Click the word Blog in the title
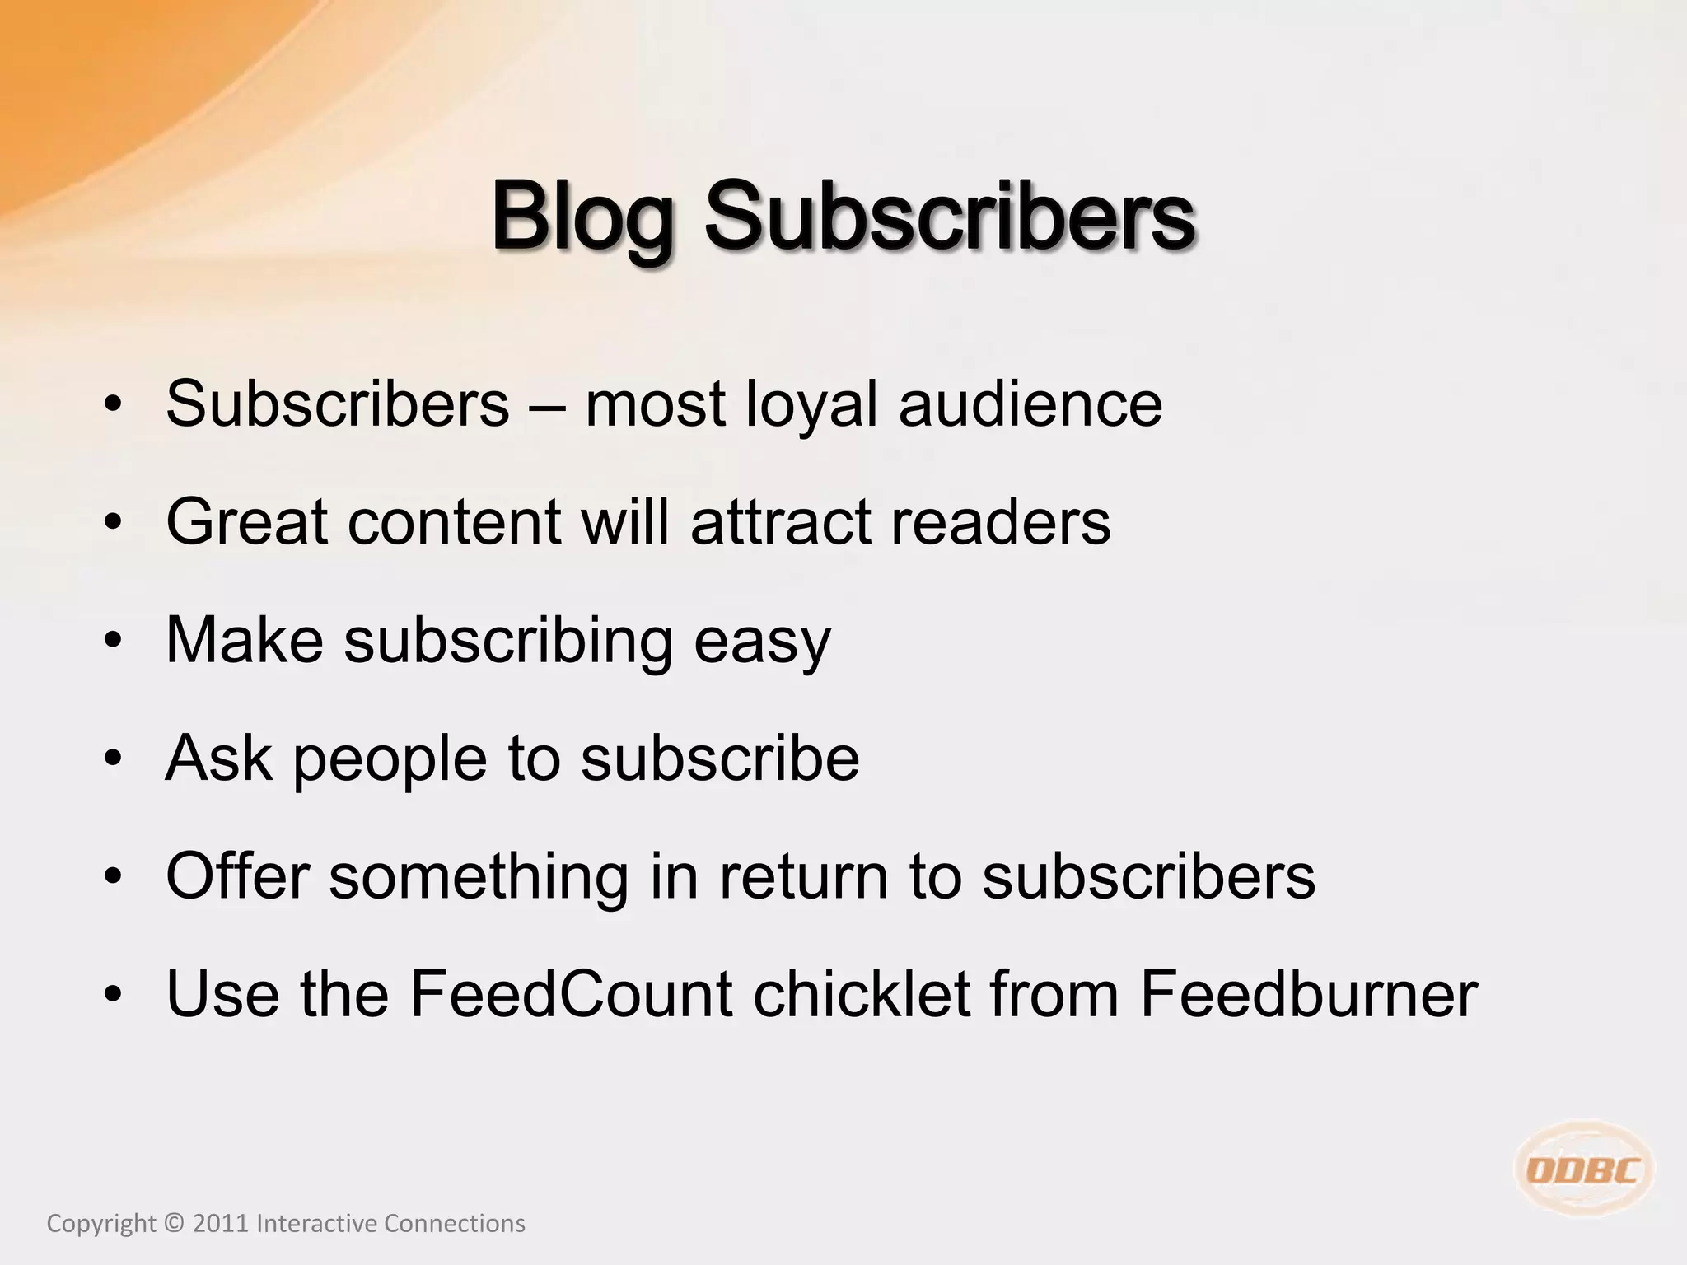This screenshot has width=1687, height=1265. [x=582, y=216]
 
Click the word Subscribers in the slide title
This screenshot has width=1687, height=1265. [x=949, y=216]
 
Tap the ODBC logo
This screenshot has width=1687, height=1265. [x=1583, y=1169]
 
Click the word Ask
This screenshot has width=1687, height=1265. [x=218, y=758]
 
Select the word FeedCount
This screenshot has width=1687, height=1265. [x=571, y=994]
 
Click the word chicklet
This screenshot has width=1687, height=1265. [x=861, y=994]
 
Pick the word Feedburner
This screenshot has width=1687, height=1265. [x=1309, y=994]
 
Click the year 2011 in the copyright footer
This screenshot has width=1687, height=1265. [x=220, y=1224]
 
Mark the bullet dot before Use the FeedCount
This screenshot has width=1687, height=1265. [x=113, y=994]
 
